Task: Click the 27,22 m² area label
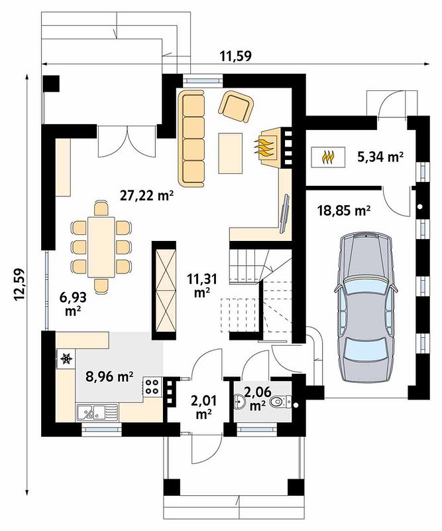(147, 195)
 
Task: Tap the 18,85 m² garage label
(343, 210)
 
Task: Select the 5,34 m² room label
(380, 157)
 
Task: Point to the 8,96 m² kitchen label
(109, 376)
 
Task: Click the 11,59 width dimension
(236, 56)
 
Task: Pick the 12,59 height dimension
(20, 285)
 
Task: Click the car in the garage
(366, 308)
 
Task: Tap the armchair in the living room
(237, 107)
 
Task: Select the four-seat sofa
(192, 138)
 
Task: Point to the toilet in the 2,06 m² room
(280, 402)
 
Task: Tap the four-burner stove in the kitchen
(152, 387)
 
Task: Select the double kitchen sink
(97, 412)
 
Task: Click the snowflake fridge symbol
(66, 358)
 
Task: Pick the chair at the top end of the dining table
(101, 208)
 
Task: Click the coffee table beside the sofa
(231, 153)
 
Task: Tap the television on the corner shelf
(284, 214)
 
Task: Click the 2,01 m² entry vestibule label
(203, 407)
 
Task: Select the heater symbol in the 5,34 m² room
(328, 157)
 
